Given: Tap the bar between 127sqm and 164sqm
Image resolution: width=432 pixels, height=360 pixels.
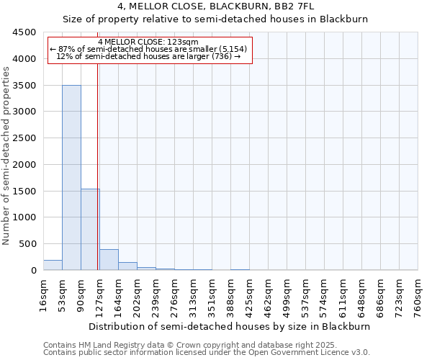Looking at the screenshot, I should point(109,259).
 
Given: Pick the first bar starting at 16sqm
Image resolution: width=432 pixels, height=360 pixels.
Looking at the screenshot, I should point(53,265).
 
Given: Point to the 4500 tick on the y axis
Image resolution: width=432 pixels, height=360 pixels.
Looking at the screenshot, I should point(25,32).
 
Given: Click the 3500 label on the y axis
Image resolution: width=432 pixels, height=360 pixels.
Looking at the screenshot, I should point(25,86).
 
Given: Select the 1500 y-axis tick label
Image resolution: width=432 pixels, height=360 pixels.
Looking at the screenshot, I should point(25,191).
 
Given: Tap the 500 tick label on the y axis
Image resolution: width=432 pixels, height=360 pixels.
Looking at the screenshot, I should point(28,244).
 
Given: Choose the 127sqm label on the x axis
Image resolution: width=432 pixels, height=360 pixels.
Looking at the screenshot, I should point(99,296).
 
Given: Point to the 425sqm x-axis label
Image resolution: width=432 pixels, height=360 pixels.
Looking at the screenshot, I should point(249,296).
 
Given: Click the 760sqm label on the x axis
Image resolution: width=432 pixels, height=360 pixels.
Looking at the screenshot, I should point(418,296).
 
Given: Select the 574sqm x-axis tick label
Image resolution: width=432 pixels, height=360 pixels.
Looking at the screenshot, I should point(324,296).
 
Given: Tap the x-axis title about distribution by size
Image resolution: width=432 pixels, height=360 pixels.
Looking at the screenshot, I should point(230,326).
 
